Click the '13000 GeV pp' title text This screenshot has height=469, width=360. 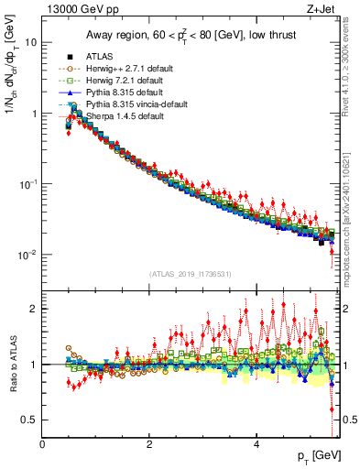pyautogui.click(x=75, y=10)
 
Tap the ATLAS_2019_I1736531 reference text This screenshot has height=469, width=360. pyautogui.click(x=190, y=274)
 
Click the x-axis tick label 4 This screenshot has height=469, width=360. pyautogui.click(x=256, y=444)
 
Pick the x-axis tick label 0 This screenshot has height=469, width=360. pyautogui.click(x=42, y=444)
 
